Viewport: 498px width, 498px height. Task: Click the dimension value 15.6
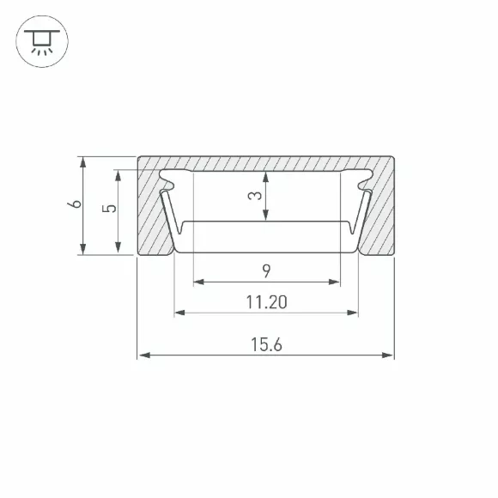[x=266, y=344]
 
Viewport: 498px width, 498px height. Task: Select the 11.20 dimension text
[x=266, y=302]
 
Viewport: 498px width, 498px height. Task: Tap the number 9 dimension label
[x=266, y=271]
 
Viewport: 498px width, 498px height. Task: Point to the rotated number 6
[x=75, y=203]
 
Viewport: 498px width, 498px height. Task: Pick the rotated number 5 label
[x=109, y=209]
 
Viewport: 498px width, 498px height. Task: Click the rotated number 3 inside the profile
[x=255, y=195]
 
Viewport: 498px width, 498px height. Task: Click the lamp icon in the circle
[x=42, y=41]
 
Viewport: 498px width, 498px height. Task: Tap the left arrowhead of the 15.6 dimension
[x=144, y=355]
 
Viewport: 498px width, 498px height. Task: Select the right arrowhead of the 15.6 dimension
[x=387, y=355]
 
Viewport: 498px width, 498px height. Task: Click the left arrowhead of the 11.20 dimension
[x=180, y=313]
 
